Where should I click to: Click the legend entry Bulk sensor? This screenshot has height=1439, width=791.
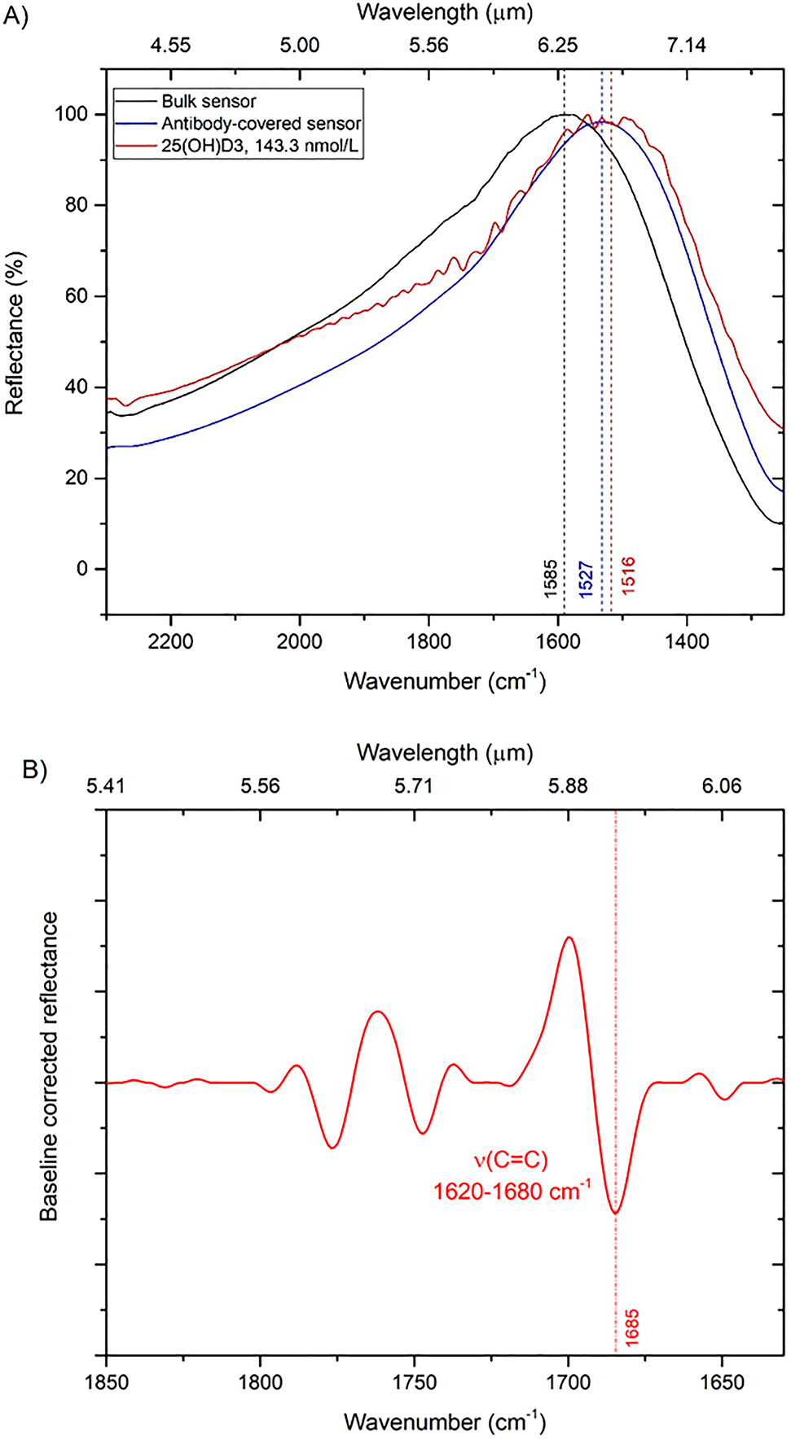click(209, 102)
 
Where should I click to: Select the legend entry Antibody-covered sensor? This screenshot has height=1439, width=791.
click(261, 124)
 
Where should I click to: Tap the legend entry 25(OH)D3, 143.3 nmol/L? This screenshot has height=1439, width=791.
click(260, 147)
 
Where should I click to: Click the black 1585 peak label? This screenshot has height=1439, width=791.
click(551, 578)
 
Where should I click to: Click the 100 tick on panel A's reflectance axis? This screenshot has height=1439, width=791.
click(71, 114)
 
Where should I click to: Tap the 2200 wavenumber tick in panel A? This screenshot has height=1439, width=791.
click(171, 641)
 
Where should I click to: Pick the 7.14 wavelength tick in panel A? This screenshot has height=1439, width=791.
click(687, 45)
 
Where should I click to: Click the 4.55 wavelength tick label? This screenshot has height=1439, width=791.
click(171, 45)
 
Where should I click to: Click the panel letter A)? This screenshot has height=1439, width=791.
click(15, 16)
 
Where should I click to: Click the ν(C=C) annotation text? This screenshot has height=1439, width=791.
click(511, 1159)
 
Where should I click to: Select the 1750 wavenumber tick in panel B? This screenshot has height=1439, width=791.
click(415, 1382)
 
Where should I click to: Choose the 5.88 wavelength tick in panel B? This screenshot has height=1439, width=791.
click(568, 785)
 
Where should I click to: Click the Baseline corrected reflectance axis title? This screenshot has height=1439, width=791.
click(50, 1066)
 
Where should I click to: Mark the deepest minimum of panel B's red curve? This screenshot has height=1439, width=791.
click(616, 1214)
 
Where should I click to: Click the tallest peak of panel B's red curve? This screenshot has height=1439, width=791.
click(569, 938)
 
